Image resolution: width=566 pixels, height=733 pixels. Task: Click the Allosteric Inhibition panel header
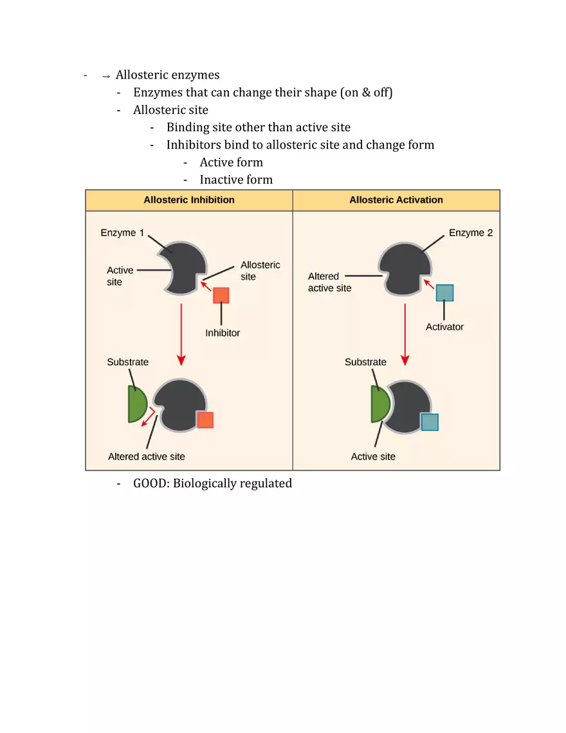(189, 200)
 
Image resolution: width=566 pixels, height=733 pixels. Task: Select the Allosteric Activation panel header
(396, 200)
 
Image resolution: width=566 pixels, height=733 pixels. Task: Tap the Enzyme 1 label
(122, 233)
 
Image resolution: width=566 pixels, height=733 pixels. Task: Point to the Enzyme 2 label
(471, 233)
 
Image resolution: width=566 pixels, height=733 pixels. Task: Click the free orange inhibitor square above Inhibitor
(221, 295)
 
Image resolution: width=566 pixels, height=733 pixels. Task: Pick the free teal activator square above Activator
(444, 293)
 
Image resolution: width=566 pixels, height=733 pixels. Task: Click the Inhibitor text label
(223, 333)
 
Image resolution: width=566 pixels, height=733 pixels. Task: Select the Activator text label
(444, 327)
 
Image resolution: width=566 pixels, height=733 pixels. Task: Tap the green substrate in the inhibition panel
(137, 405)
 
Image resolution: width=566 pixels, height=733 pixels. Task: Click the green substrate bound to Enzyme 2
(379, 405)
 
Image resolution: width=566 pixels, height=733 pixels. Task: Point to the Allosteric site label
(260, 271)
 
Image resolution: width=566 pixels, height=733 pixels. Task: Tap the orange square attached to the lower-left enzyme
(205, 420)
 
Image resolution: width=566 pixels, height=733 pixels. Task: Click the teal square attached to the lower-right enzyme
(430, 422)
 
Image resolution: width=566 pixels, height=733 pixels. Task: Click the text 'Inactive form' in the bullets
(236, 180)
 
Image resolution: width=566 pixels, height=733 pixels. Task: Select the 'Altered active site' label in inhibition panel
(147, 456)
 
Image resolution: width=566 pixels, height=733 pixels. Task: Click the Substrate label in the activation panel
(365, 362)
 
